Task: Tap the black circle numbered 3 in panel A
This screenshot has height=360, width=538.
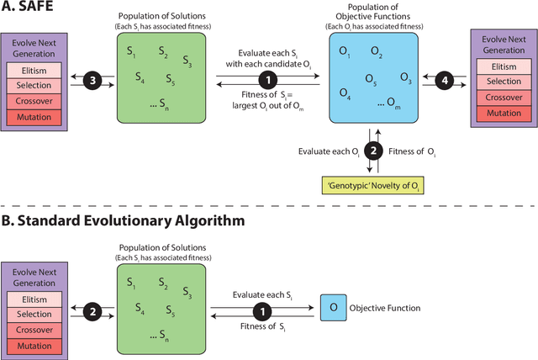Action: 95,79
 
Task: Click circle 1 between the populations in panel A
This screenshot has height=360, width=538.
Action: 268,80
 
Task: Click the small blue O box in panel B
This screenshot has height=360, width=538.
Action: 333,307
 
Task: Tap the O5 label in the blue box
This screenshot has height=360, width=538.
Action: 370,80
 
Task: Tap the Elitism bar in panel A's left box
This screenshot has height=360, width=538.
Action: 33,71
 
